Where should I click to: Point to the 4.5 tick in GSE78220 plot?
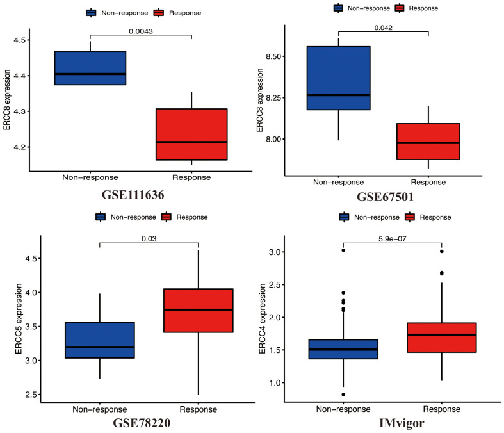click(x=25, y=259)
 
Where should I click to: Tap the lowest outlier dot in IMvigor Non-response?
click(x=343, y=395)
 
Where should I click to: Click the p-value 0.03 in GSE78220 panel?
click(x=149, y=238)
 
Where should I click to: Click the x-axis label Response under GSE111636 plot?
click(x=191, y=177)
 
